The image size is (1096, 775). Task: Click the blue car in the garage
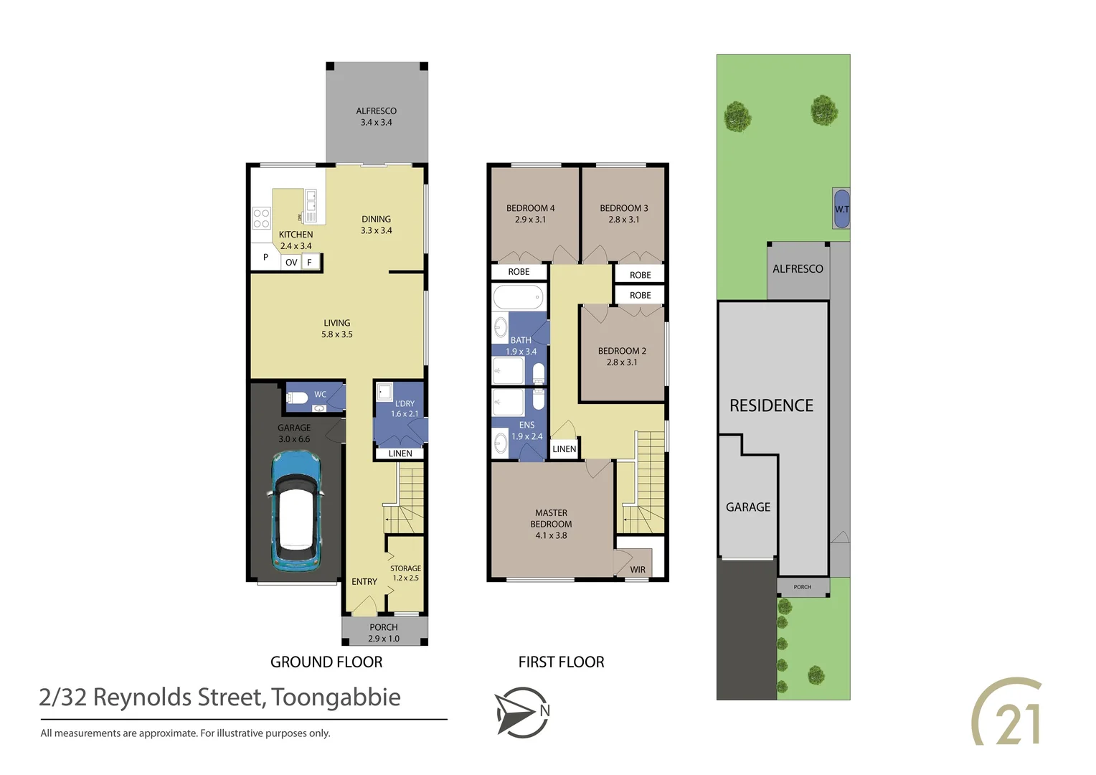[295, 510]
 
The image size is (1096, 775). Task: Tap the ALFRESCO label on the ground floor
[376, 111]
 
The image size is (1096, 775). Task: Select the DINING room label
[376, 219]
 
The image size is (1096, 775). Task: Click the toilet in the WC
[297, 397]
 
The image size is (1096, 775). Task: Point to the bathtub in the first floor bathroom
[518, 296]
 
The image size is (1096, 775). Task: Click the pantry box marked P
[265, 257]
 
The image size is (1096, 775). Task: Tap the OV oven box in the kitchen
[291, 263]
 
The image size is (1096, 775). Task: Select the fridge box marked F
[310, 263]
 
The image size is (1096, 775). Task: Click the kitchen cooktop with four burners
[261, 218]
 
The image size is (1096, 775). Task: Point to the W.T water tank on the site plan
[841, 209]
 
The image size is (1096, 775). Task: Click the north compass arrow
[521, 712]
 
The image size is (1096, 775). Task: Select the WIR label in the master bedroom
[638, 570]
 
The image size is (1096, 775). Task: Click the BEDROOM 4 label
[530, 208]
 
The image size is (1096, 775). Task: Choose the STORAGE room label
[405, 568]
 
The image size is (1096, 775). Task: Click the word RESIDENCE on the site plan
[771, 405]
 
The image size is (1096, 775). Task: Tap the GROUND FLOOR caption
[326, 662]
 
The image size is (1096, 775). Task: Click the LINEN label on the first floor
[564, 449]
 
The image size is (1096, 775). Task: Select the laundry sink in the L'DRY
[384, 392]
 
